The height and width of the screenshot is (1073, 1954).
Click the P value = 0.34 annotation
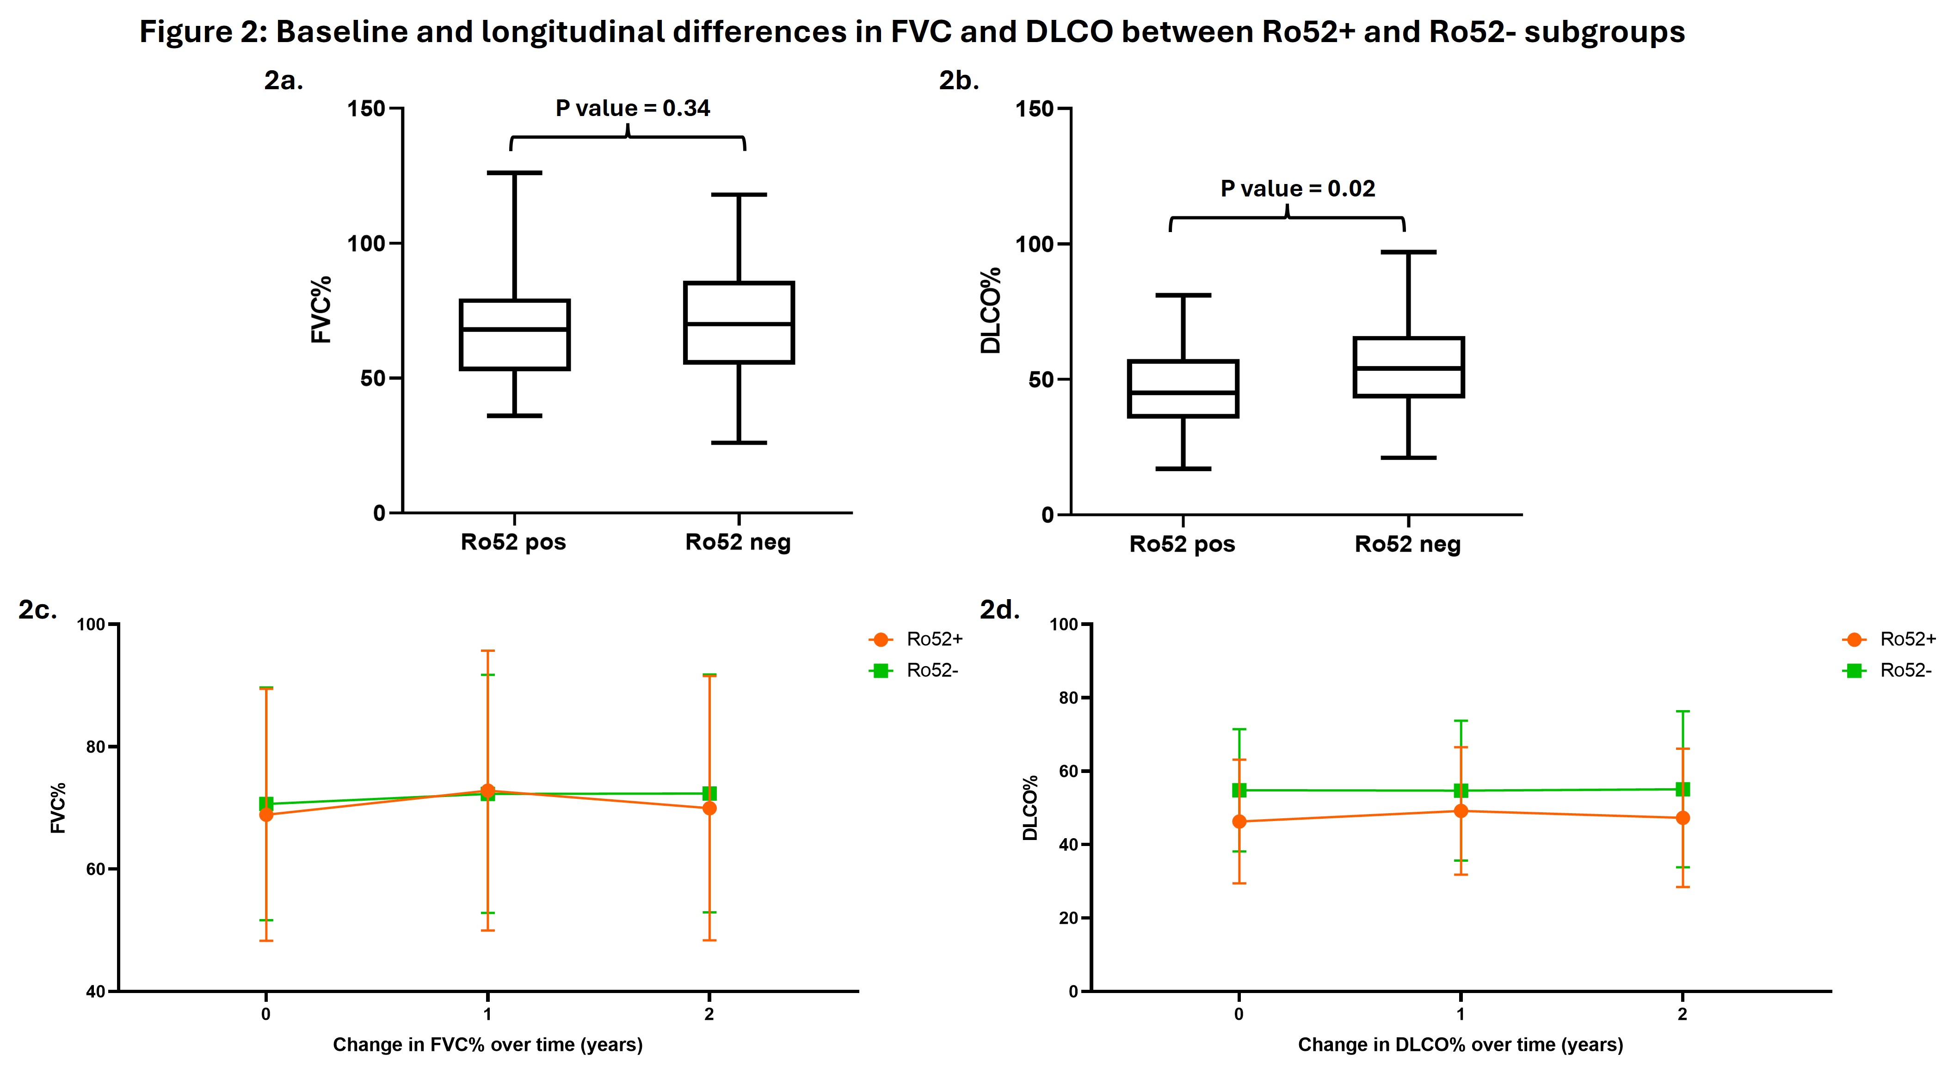(x=633, y=109)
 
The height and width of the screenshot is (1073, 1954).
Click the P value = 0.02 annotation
(x=1297, y=189)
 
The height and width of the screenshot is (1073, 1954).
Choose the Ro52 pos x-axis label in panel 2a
(x=513, y=542)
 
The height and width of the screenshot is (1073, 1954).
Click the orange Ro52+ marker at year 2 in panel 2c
(x=709, y=809)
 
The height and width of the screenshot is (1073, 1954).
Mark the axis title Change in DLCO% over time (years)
(x=1460, y=1045)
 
